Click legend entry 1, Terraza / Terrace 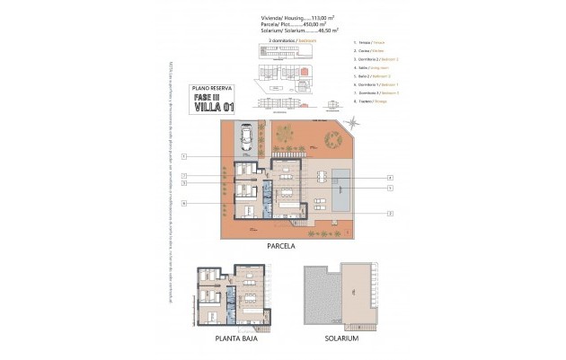pos(366,42)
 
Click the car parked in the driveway pos(245,137)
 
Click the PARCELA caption pos(281,244)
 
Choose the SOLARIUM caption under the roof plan pos(341,338)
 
